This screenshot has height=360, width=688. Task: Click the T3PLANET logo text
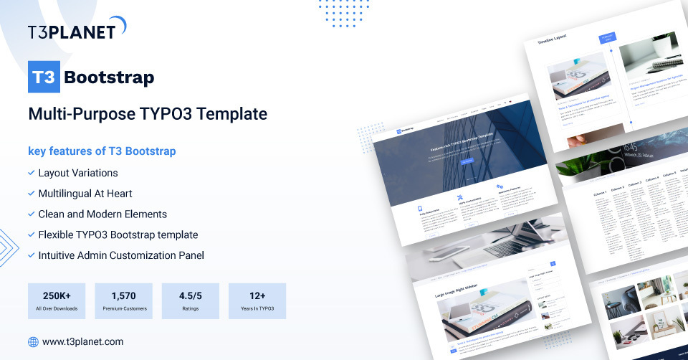coord(71,32)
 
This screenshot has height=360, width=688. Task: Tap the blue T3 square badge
coord(44,77)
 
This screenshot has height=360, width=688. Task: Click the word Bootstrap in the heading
coord(109,77)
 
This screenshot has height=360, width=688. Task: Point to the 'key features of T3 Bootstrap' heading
coord(102,151)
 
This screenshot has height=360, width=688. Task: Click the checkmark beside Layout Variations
coord(31,173)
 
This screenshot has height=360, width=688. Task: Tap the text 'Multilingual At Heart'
coord(85,194)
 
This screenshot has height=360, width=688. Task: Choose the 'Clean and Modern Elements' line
coord(102,214)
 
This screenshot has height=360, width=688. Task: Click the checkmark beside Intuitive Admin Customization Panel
coord(31,255)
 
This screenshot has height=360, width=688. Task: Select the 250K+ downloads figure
coord(56,295)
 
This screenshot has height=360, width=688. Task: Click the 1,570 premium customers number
coord(123,295)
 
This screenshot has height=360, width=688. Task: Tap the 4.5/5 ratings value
coord(190,295)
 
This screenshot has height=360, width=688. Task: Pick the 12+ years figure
coord(257,295)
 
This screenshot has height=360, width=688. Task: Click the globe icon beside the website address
coord(33,342)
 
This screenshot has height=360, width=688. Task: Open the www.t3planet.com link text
coord(83,342)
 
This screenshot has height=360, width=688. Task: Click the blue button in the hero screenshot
coord(467,162)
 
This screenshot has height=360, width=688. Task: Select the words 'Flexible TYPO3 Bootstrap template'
coord(118,235)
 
